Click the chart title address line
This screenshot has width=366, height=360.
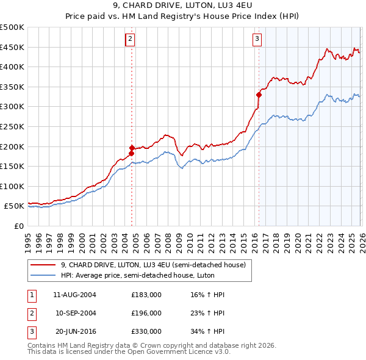183,7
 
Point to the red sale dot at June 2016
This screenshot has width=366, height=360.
259,95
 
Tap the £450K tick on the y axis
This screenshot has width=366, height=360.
13,47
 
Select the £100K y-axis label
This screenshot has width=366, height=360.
13,187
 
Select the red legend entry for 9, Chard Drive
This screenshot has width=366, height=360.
152,265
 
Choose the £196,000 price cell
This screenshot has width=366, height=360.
146,313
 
